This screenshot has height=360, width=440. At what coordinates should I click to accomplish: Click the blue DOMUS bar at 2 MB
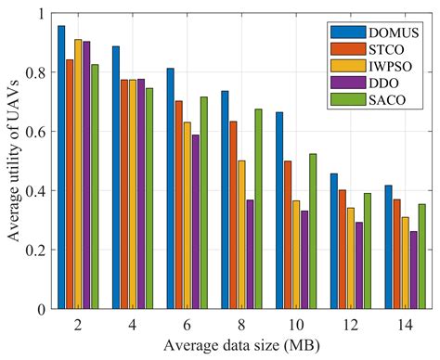tap(61, 167)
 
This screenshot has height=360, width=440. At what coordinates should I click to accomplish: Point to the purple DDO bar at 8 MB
tap(250, 254)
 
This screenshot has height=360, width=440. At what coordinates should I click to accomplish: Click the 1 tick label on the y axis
tap(39, 14)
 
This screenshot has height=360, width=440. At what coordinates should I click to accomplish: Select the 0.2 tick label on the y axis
tap(33, 250)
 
